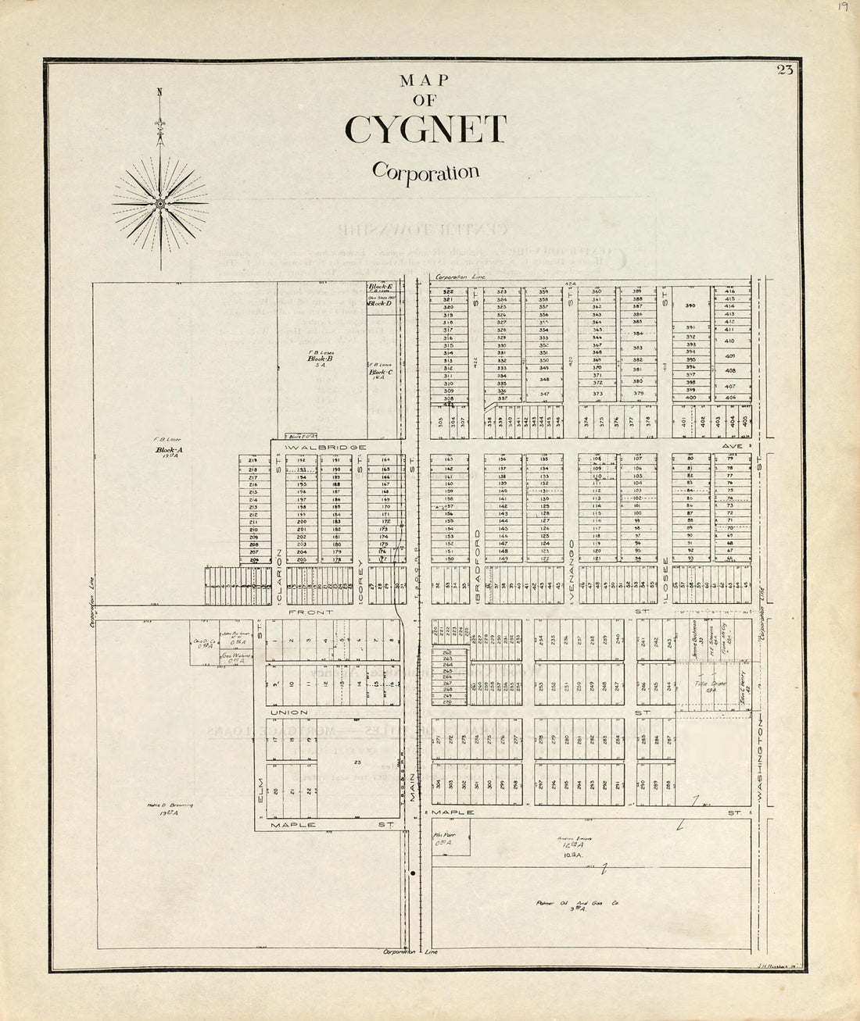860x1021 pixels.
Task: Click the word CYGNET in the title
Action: (x=425, y=130)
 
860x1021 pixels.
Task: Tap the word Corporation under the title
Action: (x=425, y=170)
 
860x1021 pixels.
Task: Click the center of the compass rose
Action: (x=159, y=204)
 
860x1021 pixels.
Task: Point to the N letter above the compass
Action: (x=159, y=92)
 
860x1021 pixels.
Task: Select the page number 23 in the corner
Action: (x=785, y=70)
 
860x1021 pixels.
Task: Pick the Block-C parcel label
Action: (x=381, y=372)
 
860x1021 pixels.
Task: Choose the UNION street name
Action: (x=285, y=712)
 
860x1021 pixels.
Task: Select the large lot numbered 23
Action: (x=357, y=762)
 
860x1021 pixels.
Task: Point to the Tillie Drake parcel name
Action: (x=705, y=683)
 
